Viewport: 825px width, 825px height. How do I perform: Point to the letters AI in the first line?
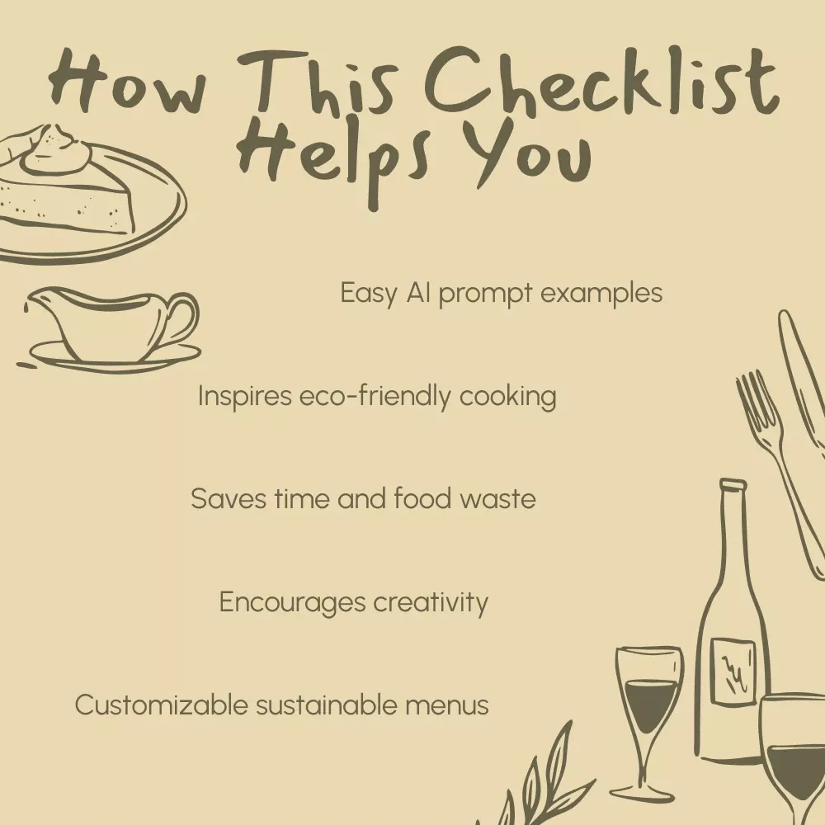(418, 293)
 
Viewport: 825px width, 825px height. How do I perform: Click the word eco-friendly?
(375, 396)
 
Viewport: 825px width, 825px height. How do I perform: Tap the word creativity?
(431, 603)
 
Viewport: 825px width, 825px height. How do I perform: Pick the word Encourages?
(292, 603)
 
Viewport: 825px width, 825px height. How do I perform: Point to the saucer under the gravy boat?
(115, 358)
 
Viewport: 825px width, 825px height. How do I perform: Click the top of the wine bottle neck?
(733, 484)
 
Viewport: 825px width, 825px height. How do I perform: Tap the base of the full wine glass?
(642, 793)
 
